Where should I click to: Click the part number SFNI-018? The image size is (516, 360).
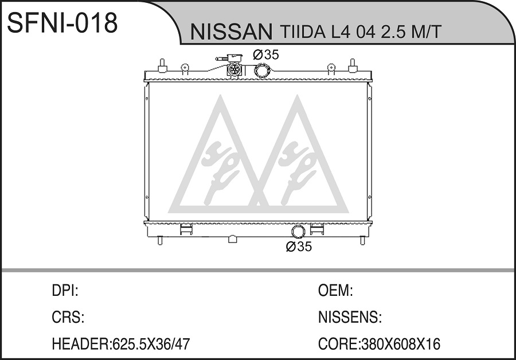coord(62,23)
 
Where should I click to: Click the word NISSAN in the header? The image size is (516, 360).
coord(232,32)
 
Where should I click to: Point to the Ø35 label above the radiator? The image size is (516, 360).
coord(266,54)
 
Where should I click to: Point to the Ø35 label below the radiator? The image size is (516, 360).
coord(299,246)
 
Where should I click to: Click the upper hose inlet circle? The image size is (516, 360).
coord(262,71)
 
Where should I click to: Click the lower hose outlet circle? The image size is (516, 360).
coord(298,232)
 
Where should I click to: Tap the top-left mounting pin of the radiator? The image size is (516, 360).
coord(162,65)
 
